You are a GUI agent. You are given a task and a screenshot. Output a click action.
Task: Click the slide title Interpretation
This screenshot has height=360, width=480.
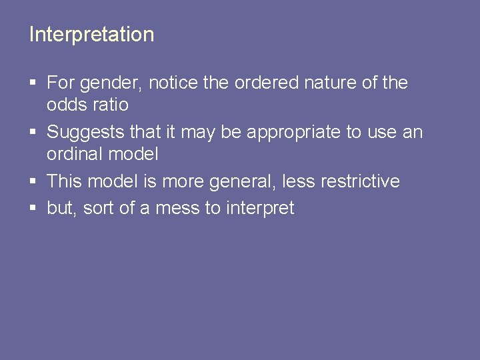(x=91, y=35)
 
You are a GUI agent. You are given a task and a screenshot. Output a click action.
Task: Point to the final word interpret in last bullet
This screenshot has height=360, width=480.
(x=260, y=209)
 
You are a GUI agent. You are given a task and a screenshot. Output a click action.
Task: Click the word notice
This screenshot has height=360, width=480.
(x=171, y=83)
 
